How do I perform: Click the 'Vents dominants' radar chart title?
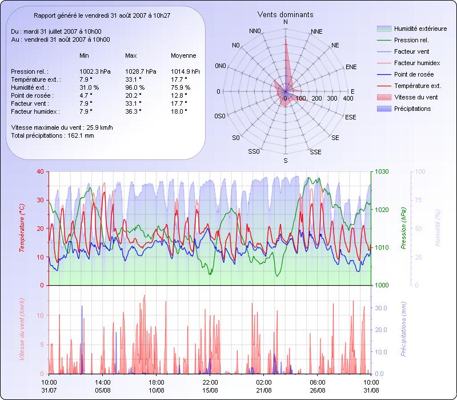click(285, 14)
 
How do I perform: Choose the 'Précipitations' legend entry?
click(412, 109)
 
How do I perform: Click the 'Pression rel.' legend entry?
click(411, 40)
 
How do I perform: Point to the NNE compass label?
click(316, 31)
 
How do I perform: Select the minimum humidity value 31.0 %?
click(89, 87)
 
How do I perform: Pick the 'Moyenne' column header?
click(183, 56)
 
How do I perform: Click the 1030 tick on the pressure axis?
click(381, 171)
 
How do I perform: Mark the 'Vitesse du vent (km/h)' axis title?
click(22, 329)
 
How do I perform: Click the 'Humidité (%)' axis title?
click(437, 229)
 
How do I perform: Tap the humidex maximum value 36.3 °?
click(133, 111)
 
